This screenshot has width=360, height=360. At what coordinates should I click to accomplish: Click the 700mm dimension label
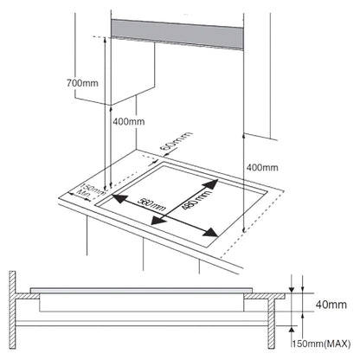click(82, 83)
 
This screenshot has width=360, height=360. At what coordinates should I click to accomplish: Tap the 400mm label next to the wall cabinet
click(129, 121)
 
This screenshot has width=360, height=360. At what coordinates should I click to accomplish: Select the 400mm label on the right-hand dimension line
click(262, 167)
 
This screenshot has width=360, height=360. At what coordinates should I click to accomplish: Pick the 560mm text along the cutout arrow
click(151, 204)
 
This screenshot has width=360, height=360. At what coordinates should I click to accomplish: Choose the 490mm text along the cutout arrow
click(196, 199)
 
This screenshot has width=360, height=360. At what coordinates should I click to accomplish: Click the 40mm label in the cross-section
click(331, 305)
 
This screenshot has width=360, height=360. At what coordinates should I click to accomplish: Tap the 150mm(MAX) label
click(322, 344)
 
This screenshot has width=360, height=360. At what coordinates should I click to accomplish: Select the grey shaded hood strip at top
click(177, 35)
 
